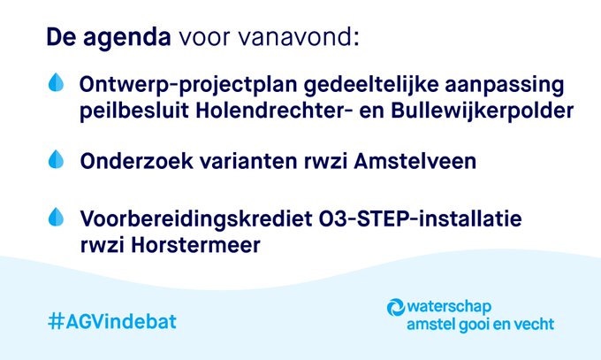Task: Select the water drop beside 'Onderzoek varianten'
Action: point(57,159)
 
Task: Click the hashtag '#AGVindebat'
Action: point(111,320)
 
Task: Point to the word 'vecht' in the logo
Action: point(533,324)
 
